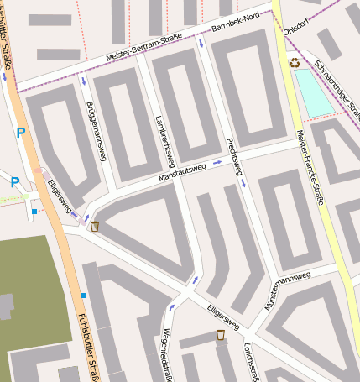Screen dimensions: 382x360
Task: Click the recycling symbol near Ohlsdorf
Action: tap(295, 62)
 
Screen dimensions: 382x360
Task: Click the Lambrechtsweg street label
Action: tap(164, 139)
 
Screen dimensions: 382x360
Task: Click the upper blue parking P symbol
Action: tap(21, 132)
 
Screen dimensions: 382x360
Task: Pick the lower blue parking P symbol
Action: tap(14, 181)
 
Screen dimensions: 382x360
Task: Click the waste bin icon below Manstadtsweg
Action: tap(95, 226)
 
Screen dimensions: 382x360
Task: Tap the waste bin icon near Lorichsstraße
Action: tap(221, 336)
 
